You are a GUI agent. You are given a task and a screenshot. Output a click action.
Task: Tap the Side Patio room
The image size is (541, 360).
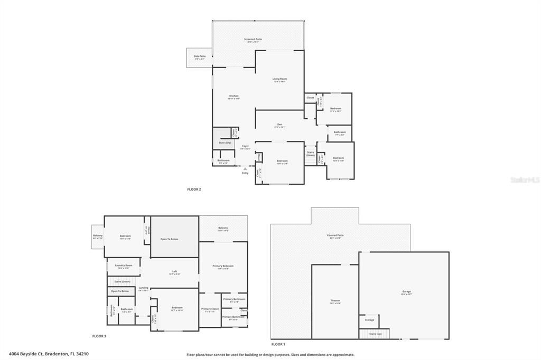click(x=200, y=58)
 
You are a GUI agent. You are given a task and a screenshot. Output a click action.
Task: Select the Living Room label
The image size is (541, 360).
click(x=279, y=80)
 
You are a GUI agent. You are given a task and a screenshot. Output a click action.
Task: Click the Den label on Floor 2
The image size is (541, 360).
click(x=279, y=126)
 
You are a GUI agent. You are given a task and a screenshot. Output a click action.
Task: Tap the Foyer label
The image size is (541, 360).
click(x=245, y=147)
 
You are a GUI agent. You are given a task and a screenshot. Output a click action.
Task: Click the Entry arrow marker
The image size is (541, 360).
click(x=245, y=169)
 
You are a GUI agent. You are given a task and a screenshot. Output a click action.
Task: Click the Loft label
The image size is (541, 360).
click(x=174, y=272)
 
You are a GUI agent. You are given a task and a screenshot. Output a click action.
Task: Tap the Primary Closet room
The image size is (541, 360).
click(x=210, y=310)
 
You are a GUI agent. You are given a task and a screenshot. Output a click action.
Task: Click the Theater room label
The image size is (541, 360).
click(x=335, y=301)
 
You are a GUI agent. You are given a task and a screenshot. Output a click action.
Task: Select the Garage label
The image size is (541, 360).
click(x=406, y=292)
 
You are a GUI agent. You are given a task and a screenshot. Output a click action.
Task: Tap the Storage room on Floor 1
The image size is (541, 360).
click(x=369, y=320)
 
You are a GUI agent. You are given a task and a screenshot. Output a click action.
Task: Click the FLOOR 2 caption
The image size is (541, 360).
click(x=194, y=189)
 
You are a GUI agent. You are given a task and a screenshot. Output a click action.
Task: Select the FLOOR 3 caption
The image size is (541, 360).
click(x=99, y=336)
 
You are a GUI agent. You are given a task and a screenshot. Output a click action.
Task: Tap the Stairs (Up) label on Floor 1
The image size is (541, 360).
click(x=375, y=334)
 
